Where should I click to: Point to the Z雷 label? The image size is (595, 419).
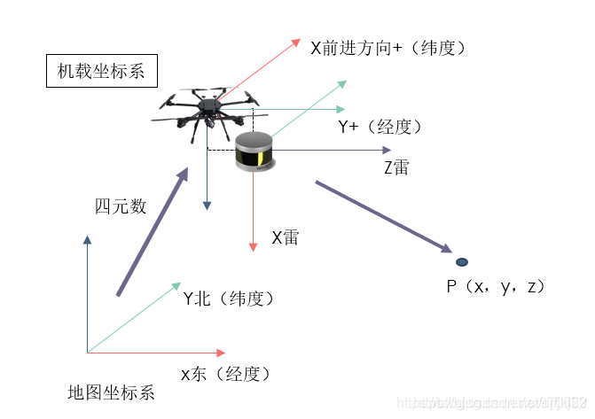coord(396,167)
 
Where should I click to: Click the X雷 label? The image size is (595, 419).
coord(285,237)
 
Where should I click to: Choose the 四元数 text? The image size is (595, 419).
coord(120,206)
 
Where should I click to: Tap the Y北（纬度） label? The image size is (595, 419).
coord(228,299)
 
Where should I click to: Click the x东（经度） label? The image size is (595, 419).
coord(225,374)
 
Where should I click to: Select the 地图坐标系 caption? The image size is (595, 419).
coord(111,392)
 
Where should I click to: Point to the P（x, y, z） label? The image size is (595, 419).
coord(495,287)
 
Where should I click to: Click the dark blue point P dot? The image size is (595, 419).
coord(462,262)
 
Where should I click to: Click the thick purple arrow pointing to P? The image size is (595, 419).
coord(382,216)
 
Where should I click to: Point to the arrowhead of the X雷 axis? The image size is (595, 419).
coord(254,245)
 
